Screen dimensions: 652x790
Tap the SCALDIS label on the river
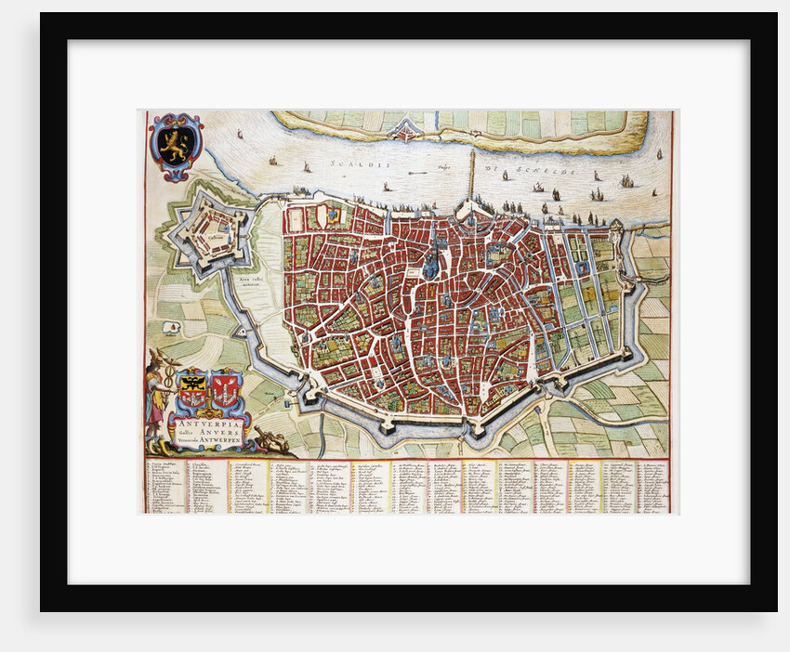(349, 165)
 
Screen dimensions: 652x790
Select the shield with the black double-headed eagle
(193, 387)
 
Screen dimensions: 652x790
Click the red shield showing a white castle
(226, 388)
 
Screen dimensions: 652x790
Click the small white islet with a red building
(171, 327)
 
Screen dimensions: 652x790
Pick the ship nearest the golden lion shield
(240, 134)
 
